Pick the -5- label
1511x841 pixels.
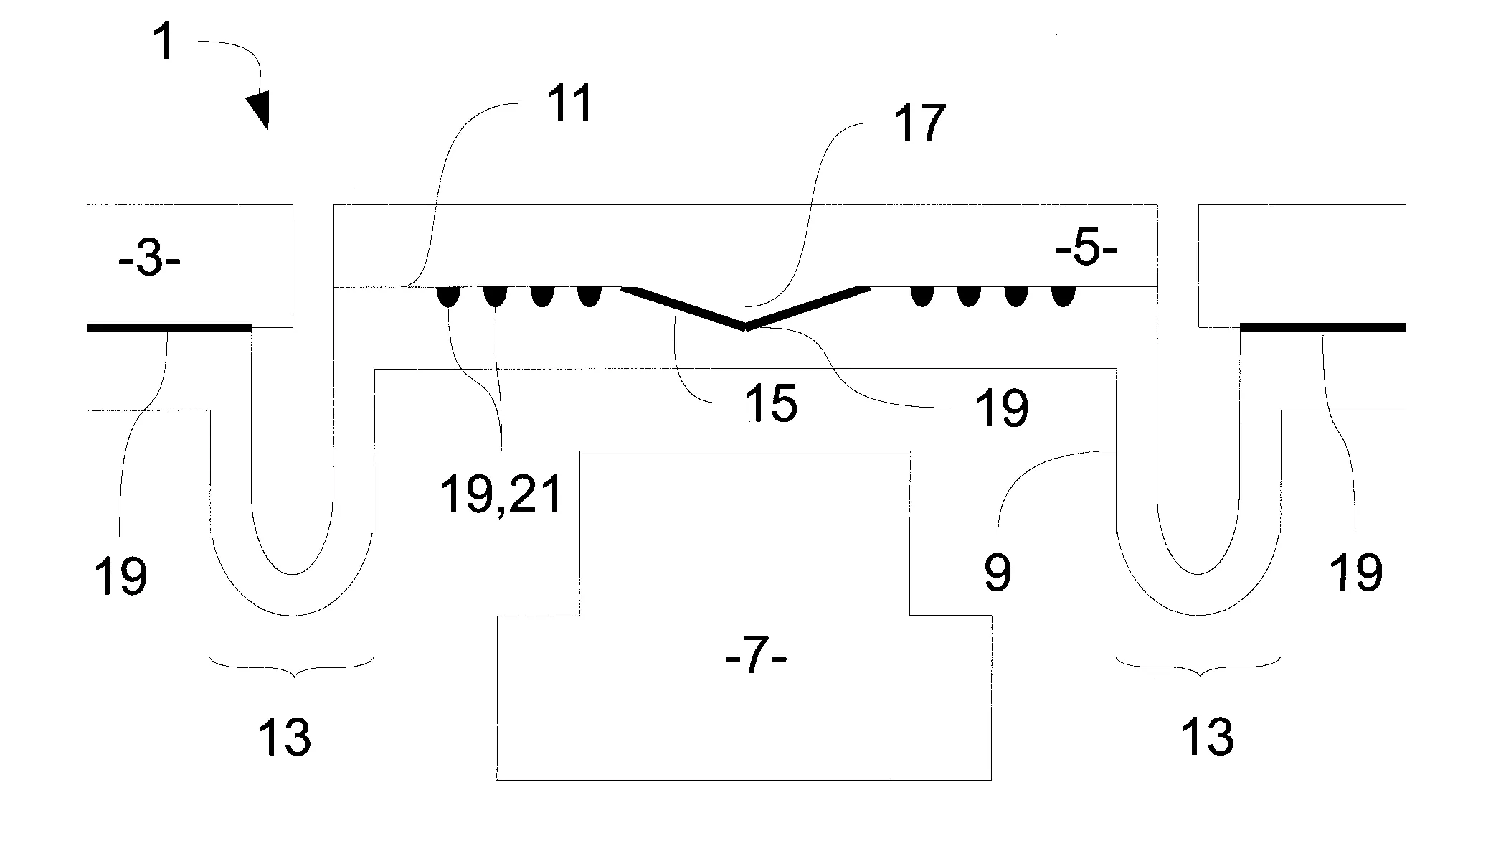[x=1086, y=253]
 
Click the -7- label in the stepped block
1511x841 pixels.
[x=756, y=659]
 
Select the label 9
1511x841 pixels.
[x=998, y=572]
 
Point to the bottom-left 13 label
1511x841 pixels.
[x=285, y=736]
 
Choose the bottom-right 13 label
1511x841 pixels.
[x=1208, y=736]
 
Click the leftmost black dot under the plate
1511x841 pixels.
[x=448, y=296]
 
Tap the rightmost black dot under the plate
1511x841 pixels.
[x=1063, y=296]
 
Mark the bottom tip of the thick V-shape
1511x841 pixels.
[x=746, y=328]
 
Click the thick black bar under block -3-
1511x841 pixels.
[x=169, y=328]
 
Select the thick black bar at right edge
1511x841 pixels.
[x=1323, y=328]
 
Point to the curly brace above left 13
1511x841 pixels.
[x=292, y=667]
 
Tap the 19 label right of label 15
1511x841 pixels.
[x=1002, y=408]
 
